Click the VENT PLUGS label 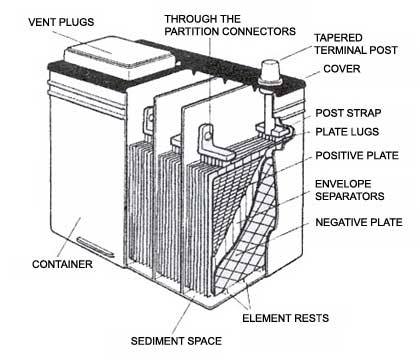[61, 22]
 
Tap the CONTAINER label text [62, 264]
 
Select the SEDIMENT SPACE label [176, 341]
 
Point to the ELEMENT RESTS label [285, 318]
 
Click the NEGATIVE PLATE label [359, 222]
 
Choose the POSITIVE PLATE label [357, 156]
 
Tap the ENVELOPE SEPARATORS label [350, 190]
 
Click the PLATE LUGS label [347, 132]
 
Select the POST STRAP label [348, 113]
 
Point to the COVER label [342, 69]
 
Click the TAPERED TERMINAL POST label [356, 44]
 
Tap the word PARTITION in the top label [192, 31]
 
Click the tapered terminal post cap [270, 73]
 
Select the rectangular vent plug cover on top [120, 57]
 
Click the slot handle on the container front [95, 247]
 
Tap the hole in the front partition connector [208, 135]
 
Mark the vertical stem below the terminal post [269, 108]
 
